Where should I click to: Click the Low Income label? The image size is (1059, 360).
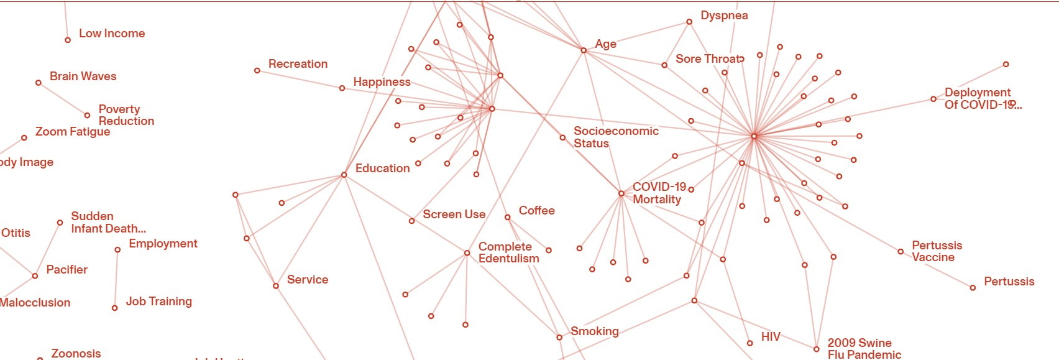tap(112, 34)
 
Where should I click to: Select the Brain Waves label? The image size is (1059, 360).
tap(83, 76)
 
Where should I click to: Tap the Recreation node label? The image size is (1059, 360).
tap(298, 64)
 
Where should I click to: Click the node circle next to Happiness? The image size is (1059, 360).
tap(342, 88)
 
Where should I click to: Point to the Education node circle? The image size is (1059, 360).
tap(344, 175)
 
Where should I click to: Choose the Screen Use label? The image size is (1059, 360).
tap(454, 215)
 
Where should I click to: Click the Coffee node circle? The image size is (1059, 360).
tap(508, 217)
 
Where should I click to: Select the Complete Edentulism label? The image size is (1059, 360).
tap(508, 252)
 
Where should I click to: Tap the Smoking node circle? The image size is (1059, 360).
tap(559, 337)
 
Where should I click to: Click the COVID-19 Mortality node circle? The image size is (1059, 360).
tap(621, 193)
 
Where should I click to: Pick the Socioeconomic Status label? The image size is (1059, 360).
tap(615, 137)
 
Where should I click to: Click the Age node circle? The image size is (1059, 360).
tap(584, 50)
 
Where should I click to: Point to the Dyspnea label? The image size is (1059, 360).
tap(724, 16)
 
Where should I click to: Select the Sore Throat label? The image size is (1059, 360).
tap(709, 59)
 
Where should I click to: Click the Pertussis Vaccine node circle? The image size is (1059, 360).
tap(901, 252)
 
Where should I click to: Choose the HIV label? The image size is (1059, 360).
tap(771, 337)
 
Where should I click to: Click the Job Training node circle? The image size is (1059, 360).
tap(114, 308)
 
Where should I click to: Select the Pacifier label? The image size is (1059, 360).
tap(66, 270)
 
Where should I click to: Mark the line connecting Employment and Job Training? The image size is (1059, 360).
tap(116, 279)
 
